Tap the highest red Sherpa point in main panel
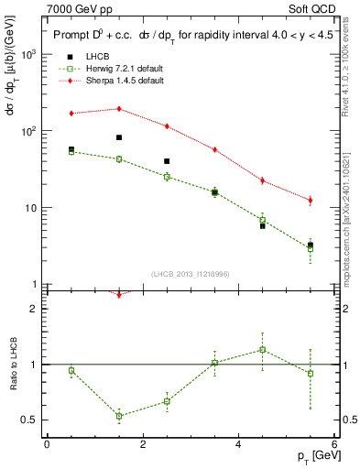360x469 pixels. pyautogui.click(x=119, y=109)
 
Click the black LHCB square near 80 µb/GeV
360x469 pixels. pyautogui.click(x=119, y=137)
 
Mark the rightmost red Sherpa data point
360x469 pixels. pyautogui.click(x=311, y=200)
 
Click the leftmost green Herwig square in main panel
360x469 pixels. pyautogui.click(x=71, y=152)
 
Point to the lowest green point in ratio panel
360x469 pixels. pyautogui.click(x=119, y=416)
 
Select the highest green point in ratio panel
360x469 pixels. pyautogui.click(x=262, y=349)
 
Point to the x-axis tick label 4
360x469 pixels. pyautogui.click(x=238, y=445)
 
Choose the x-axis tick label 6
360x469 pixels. pyautogui.click(x=334, y=445)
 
